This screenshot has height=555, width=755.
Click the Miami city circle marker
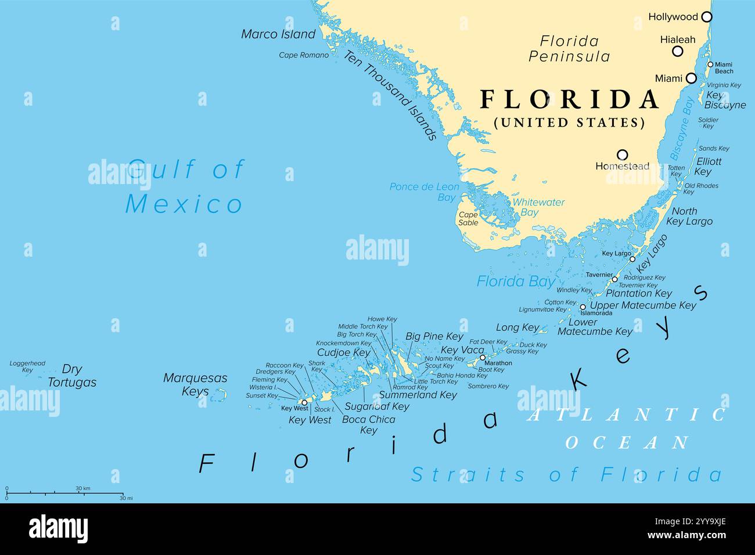[691, 78]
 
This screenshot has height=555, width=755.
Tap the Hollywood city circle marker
[706, 17]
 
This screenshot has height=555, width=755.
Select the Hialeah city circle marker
[677, 51]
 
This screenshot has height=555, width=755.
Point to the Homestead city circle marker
[622, 154]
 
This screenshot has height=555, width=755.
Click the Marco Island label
[278, 34]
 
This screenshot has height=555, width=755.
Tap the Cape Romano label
[304, 55]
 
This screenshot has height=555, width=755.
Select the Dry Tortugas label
[72, 376]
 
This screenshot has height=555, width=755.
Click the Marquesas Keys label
[195, 384]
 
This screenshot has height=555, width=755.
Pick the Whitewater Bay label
[538, 207]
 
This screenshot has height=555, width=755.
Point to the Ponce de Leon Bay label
[424, 192]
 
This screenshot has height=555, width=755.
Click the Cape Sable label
[468, 219]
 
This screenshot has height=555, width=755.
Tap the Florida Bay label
[516, 282]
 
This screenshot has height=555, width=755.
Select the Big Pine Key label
[434, 336]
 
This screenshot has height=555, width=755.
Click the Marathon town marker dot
[482, 358]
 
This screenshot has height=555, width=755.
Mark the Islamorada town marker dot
[583, 307]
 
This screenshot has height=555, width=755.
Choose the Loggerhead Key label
[27, 366]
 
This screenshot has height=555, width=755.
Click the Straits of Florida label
[566, 474]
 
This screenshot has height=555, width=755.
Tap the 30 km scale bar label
[83, 488]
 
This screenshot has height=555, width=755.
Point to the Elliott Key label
[709, 167]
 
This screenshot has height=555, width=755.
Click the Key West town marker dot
[304, 402]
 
